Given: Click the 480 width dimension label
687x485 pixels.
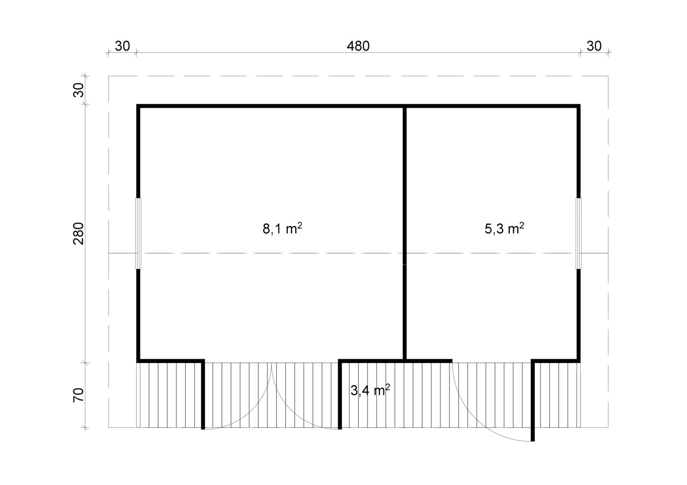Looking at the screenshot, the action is coord(358,46).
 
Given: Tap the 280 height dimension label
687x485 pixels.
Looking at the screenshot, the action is coord(79,233).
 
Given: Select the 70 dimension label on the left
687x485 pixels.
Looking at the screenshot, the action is coord(79,395).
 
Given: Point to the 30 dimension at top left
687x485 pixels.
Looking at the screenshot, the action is coord(122,46).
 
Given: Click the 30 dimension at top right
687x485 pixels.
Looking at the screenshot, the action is coord(594,46).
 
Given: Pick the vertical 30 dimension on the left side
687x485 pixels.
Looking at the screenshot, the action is coord(79,90).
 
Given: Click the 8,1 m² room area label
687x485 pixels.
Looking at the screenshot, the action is coord(282,229).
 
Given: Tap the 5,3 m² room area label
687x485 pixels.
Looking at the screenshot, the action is coord(504,229).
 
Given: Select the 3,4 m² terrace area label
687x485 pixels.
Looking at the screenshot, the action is coord(370,390).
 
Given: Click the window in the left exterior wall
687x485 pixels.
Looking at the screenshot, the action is coord(138,233).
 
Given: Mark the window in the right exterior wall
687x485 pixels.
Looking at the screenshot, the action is coord(578,233).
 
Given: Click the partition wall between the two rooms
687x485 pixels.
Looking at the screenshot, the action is coord(404,233).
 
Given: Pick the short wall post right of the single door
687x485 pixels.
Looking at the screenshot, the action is coord(533,402).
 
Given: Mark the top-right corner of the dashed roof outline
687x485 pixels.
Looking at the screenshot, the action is coord(608,75).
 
